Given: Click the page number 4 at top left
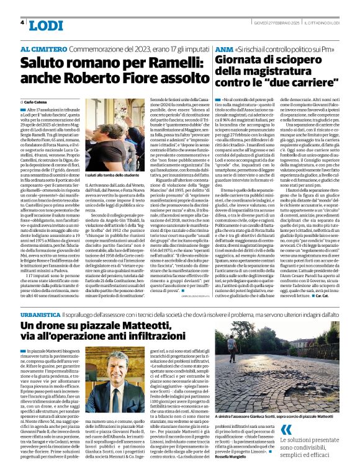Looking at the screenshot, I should point(23,22).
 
